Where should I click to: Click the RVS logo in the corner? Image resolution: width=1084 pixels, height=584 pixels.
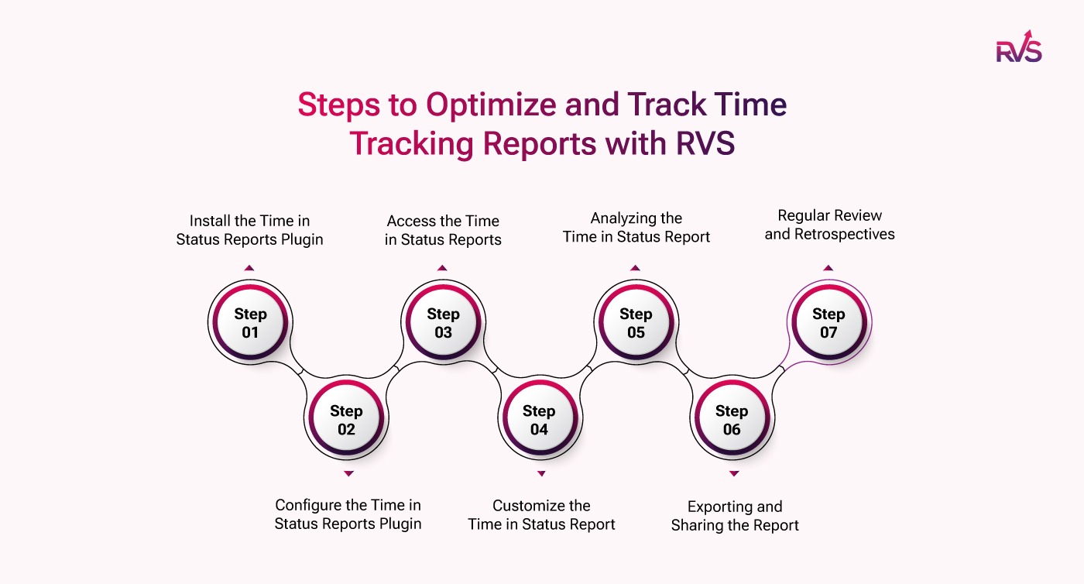(1018, 46)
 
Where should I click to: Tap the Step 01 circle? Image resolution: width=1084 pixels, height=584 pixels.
(249, 323)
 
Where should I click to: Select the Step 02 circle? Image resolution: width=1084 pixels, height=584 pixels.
(346, 420)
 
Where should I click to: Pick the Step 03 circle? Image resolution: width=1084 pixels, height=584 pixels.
(443, 323)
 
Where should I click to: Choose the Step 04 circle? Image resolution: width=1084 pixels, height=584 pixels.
(539, 420)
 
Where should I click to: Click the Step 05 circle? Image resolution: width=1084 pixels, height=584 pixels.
(636, 323)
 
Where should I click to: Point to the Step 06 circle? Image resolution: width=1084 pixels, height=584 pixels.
(732, 420)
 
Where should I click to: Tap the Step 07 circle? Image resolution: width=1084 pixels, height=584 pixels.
(828, 323)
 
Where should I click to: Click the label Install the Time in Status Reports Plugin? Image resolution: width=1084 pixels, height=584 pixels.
(249, 230)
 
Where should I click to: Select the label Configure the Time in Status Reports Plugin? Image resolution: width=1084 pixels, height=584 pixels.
(348, 514)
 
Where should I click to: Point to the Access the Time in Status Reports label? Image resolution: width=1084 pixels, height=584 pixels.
(443, 230)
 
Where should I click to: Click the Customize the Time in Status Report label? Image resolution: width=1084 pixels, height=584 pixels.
(541, 515)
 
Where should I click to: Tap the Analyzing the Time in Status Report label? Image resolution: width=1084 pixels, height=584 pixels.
(636, 227)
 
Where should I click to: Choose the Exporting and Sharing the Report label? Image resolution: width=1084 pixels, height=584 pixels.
(735, 516)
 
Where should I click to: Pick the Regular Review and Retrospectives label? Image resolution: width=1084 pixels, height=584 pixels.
(829, 225)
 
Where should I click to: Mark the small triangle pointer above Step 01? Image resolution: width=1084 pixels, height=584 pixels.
(249, 268)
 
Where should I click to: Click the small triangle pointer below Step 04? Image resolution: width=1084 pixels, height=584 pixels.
(541, 473)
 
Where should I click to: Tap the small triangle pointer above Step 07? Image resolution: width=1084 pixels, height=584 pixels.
(828, 268)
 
